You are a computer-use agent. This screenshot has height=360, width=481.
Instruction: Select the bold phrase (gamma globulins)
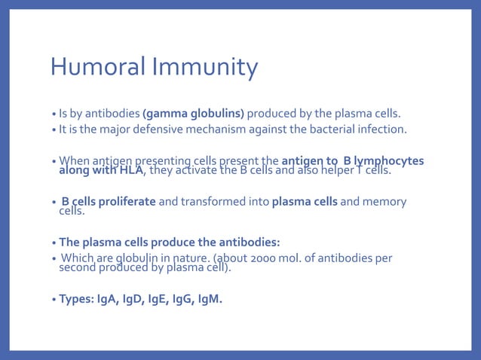click(x=194, y=114)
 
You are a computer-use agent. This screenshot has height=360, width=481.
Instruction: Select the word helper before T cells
click(x=335, y=170)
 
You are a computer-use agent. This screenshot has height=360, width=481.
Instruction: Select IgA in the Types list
click(x=109, y=299)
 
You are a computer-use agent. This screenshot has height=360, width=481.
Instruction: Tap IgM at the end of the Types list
click(x=210, y=299)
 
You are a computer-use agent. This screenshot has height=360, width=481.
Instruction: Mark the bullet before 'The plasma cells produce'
click(x=54, y=243)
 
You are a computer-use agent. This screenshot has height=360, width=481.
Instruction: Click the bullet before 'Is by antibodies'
click(x=54, y=114)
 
